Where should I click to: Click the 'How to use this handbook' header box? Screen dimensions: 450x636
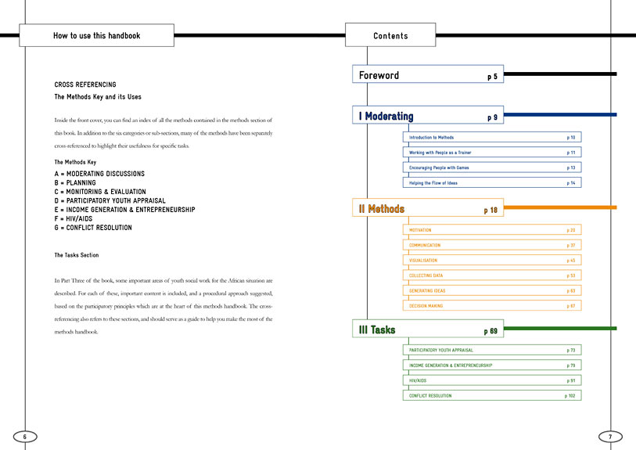click(96, 35)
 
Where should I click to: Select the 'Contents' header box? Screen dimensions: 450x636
click(390, 35)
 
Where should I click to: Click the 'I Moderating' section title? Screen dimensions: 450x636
click(386, 117)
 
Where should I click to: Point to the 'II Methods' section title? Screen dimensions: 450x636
click(382, 209)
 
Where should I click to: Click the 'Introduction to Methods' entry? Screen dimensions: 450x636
click(432, 137)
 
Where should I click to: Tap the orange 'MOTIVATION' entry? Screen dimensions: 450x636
click(421, 230)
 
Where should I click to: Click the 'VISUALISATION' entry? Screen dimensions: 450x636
click(423, 260)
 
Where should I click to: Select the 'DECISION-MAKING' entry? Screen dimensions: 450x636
click(426, 305)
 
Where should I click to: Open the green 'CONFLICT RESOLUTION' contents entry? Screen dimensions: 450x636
click(430, 395)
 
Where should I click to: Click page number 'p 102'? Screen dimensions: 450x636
click(570, 395)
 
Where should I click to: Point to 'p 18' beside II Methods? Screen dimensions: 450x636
click(490, 210)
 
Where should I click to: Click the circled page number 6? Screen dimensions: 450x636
click(24, 436)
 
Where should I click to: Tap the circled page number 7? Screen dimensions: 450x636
click(610, 436)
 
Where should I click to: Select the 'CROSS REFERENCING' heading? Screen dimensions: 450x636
click(85, 85)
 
